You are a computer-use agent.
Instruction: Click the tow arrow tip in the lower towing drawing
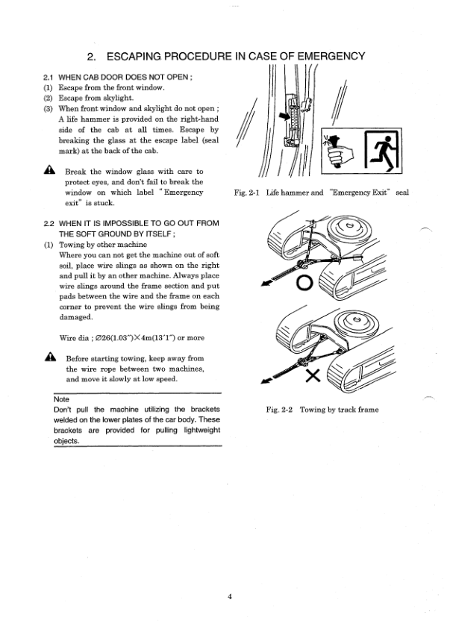pyautogui.click(x=261, y=382)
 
